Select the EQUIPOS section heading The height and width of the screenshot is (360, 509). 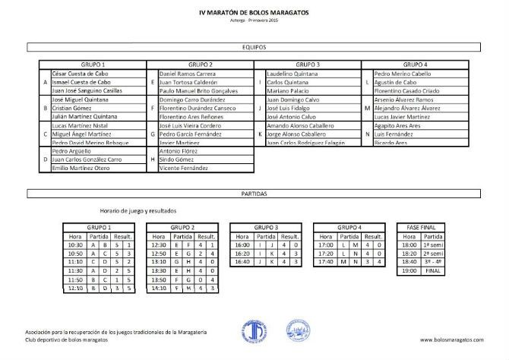pos(254,47)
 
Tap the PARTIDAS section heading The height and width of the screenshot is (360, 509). pos(254,194)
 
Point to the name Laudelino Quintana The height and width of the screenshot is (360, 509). pos(292,74)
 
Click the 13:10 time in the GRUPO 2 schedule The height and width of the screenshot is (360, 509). pos(159,262)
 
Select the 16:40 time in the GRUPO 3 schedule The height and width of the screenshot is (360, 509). pos(243,262)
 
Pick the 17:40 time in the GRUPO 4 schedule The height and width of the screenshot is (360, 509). pos(327,262)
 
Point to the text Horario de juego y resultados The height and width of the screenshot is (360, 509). pos(138,210)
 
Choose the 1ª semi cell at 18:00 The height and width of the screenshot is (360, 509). pos(435,245)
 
